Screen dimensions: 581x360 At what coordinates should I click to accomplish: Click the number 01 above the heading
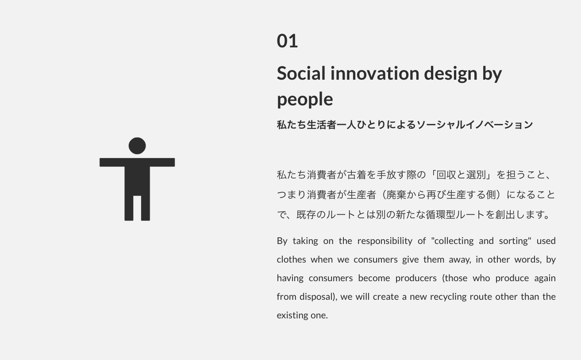click(x=287, y=41)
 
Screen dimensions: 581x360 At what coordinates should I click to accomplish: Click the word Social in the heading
click(x=301, y=73)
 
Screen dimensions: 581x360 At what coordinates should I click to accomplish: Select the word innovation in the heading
click(x=375, y=73)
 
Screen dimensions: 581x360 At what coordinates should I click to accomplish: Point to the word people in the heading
click(x=305, y=99)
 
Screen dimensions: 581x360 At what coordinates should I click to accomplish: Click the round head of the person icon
click(x=137, y=146)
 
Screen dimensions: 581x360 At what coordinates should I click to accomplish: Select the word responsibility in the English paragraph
click(x=385, y=241)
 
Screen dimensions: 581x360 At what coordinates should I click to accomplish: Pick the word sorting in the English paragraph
click(x=515, y=241)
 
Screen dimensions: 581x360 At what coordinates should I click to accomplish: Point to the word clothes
click(x=291, y=259)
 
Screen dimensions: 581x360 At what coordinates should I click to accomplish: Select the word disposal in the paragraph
click(x=316, y=297)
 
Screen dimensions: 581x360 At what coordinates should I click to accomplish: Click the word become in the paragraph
click(x=374, y=278)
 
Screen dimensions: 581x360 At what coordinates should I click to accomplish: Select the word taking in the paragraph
click(x=305, y=241)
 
